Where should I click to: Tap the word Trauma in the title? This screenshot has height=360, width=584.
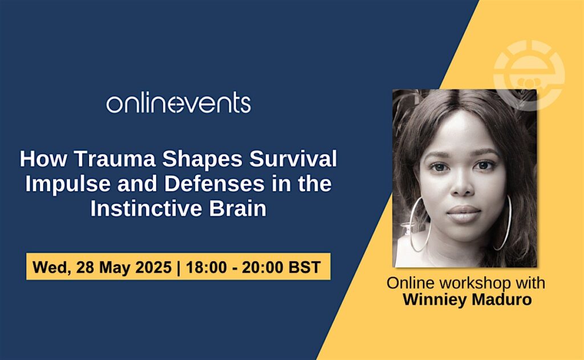click(114, 159)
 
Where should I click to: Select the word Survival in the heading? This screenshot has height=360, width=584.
click(293, 159)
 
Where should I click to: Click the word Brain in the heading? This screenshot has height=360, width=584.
click(238, 208)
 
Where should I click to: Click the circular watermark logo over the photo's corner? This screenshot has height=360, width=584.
click(529, 75)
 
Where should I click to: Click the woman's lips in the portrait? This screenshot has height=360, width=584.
click(463, 213)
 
